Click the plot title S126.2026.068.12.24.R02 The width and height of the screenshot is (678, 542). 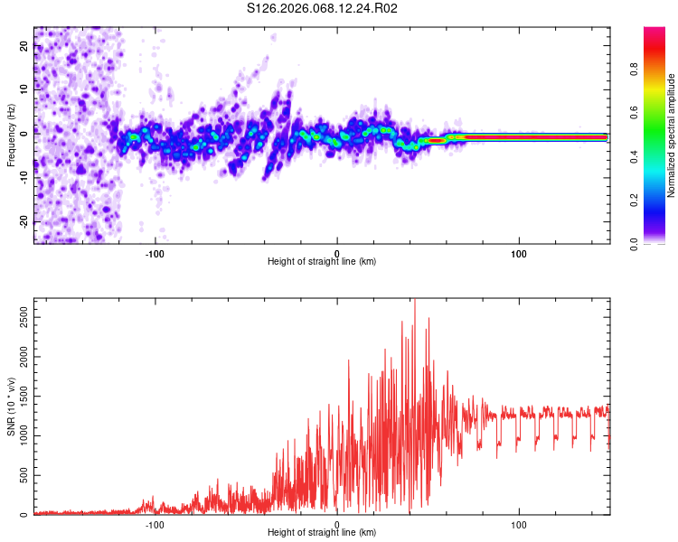pyautogui.click(x=323, y=9)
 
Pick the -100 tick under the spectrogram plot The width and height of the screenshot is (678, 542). pyautogui.click(x=155, y=252)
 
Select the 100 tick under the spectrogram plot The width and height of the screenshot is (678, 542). pyautogui.click(x=519, y=252)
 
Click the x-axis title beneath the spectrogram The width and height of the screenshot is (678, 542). pyautogui.click(x=322, y=262)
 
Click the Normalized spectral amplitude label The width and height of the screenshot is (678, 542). pyautogui.click(x=672, y=135)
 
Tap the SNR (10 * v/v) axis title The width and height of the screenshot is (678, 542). pyautogui.click(x=11, y=406)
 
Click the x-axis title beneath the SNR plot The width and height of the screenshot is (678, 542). pyautogui.click(x=322, y=533)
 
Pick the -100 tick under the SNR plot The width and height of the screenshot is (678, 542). pyautogui.click(x=155, y=524)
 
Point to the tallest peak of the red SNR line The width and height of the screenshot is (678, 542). pyautogui.click(x=414, y=301)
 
